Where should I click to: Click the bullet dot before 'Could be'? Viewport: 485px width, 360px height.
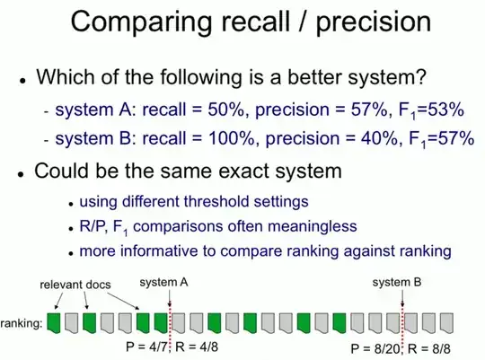click(20, 171)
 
